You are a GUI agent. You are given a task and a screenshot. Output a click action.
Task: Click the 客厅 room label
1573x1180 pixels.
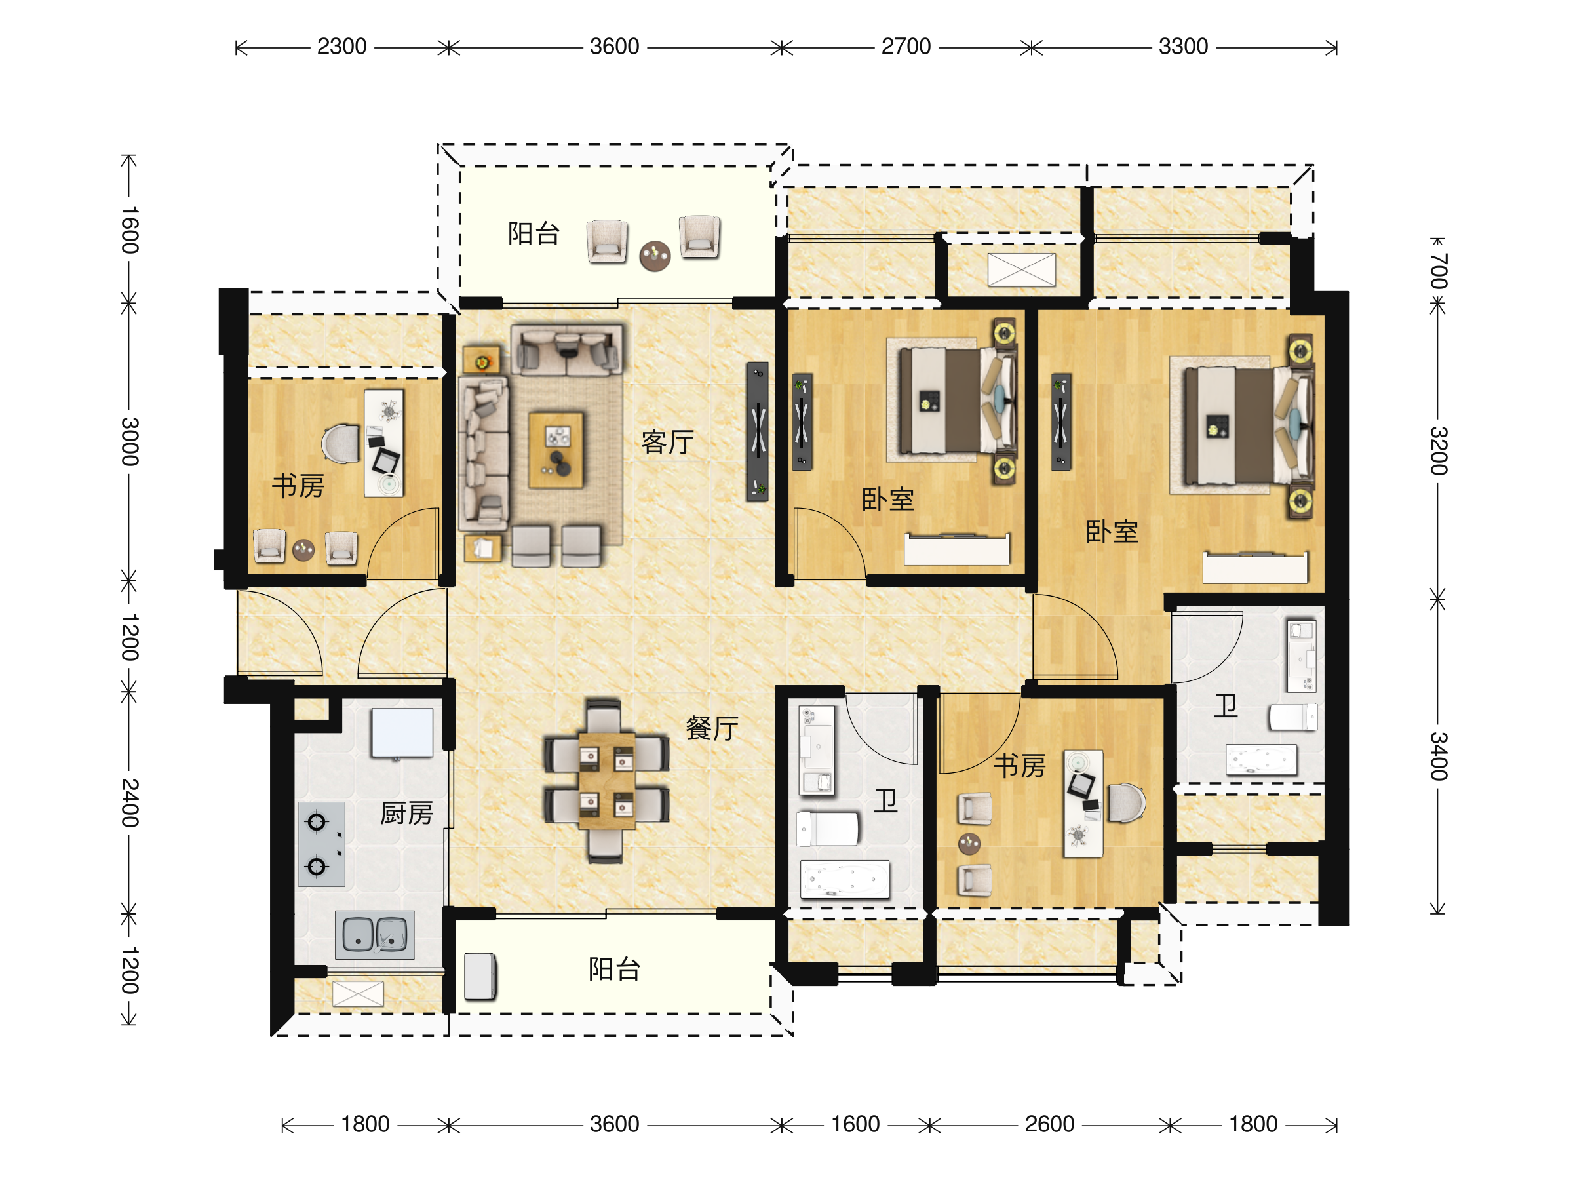[x=667, y=442]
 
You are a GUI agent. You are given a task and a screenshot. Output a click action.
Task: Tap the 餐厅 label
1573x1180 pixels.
[x=712, y=728]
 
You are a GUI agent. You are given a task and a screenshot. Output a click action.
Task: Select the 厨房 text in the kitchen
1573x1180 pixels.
[x=406, y=812]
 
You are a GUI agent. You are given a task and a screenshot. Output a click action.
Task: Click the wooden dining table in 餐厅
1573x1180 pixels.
[x=606, y=780]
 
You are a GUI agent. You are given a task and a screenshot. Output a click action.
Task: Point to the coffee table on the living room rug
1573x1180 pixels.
[x=556, y=450]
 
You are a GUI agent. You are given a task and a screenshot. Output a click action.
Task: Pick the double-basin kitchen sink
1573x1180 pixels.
[x=375, y=934]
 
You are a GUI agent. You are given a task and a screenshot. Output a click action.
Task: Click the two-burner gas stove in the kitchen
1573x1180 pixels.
[x=321, y=844]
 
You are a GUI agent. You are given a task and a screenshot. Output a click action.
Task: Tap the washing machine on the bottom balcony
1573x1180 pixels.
[x=480, y=976]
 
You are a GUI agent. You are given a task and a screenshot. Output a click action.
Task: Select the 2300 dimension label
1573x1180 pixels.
[x=341, y=47]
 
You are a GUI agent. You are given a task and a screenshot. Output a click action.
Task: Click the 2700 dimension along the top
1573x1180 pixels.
[x=906, y=47]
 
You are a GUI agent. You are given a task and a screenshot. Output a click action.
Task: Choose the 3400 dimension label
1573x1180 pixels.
[x=1438, y=755]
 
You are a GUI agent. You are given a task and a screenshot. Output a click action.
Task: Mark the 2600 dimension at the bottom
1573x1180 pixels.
[x=1049, y=1124]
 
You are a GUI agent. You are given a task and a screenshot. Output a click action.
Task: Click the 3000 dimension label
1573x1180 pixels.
[x=129, y=442]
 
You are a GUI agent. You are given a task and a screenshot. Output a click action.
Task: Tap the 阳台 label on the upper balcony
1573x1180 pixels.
[x=534, y=233]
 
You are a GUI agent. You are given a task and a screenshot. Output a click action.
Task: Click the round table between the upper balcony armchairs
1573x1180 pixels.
[x=655, y=256]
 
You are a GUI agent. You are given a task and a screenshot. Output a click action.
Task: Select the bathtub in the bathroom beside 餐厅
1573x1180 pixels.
[x=845, y=879]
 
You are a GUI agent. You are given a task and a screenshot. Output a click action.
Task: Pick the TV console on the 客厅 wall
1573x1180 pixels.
[x=758, y=431]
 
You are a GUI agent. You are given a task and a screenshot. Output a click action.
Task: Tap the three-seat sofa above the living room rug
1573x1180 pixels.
[x=567, y=350]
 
